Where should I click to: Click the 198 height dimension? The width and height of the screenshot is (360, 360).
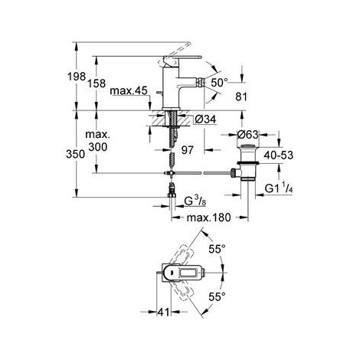pos(77,76)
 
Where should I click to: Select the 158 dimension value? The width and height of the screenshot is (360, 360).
pos(97,83)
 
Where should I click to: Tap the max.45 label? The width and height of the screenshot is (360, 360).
pos(129,90)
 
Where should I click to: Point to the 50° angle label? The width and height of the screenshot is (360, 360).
pos(219,82)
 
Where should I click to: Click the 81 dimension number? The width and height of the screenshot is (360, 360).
pos(241,97)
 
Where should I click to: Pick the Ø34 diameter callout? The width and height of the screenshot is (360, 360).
pos(205,119)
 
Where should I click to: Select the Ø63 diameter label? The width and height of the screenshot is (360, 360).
pos(247,135)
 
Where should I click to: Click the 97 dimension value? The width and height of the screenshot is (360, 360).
pos(188,150)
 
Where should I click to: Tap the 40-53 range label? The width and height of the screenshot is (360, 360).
pos(279,155)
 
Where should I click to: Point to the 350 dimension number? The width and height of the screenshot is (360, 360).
pos(75,154)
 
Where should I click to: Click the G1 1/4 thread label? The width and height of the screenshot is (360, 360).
pos(279,188)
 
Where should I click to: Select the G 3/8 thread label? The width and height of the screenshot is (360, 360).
pos(195,201)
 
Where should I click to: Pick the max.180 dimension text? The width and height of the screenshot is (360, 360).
pos(208,218)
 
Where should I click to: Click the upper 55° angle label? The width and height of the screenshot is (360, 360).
pos(218,249)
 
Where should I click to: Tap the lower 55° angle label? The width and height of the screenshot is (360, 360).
pos(218,296)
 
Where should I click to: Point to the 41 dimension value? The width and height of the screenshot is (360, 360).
pos(163,312)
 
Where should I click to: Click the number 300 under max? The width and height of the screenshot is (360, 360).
pos(98,147)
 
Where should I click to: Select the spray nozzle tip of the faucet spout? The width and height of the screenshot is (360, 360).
pos(201,82)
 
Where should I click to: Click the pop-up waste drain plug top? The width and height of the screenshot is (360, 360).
pos(248,146)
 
